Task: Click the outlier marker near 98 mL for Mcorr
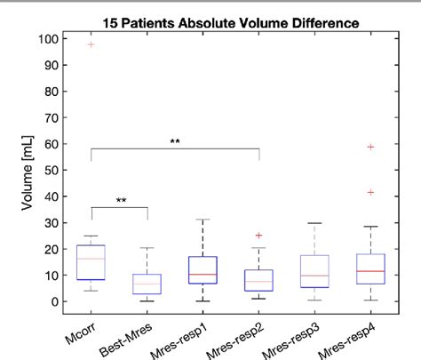pos(91,44)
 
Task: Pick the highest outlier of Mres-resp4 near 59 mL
pos(371,147)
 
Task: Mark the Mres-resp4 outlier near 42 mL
pos(371,192)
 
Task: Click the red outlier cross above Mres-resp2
pos(258,236)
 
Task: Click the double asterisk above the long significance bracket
pos(175,141)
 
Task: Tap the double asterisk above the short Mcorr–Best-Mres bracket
pos(119,201)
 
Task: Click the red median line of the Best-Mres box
pos(147,284)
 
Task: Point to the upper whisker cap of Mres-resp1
pos(203,220)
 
